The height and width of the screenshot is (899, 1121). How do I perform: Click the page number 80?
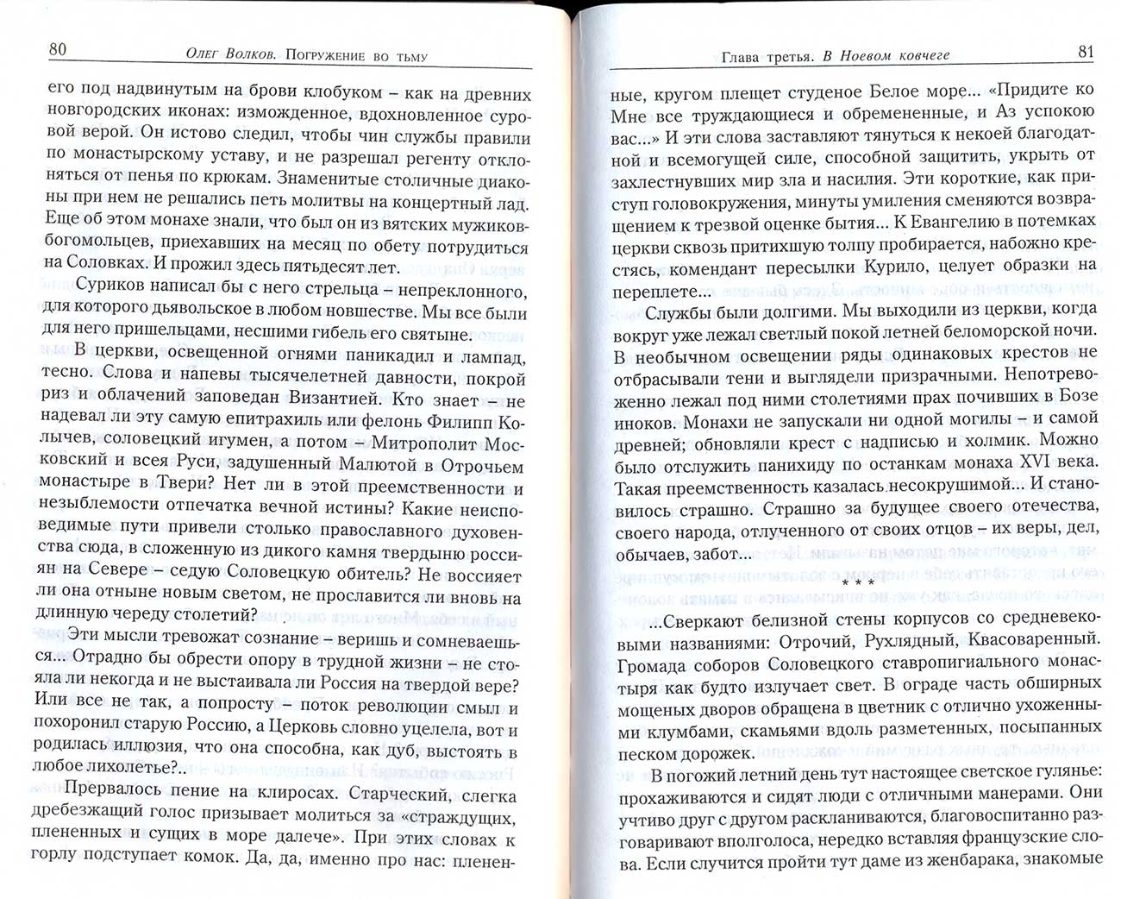tap(57, 49)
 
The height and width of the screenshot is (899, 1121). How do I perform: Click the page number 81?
tap(1086, 52)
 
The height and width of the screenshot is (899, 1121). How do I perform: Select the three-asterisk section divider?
tap(857, 585)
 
